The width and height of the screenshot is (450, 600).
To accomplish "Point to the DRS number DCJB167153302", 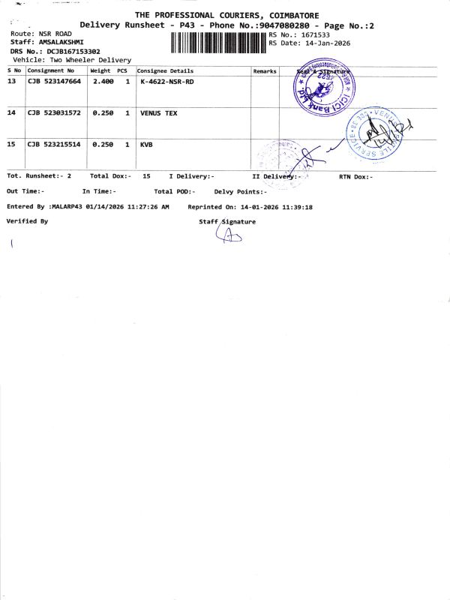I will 73,51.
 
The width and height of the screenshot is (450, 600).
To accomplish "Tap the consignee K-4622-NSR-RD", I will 166,81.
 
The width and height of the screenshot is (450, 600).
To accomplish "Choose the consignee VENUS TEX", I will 159,112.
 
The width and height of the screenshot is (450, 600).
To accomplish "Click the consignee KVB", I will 146,144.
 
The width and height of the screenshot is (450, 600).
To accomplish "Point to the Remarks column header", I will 265,71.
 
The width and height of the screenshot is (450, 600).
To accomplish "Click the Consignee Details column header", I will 165,71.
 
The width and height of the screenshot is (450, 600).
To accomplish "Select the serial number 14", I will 11,112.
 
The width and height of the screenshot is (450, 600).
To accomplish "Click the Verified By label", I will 27,221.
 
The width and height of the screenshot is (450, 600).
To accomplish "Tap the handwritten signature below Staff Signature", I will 229,236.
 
